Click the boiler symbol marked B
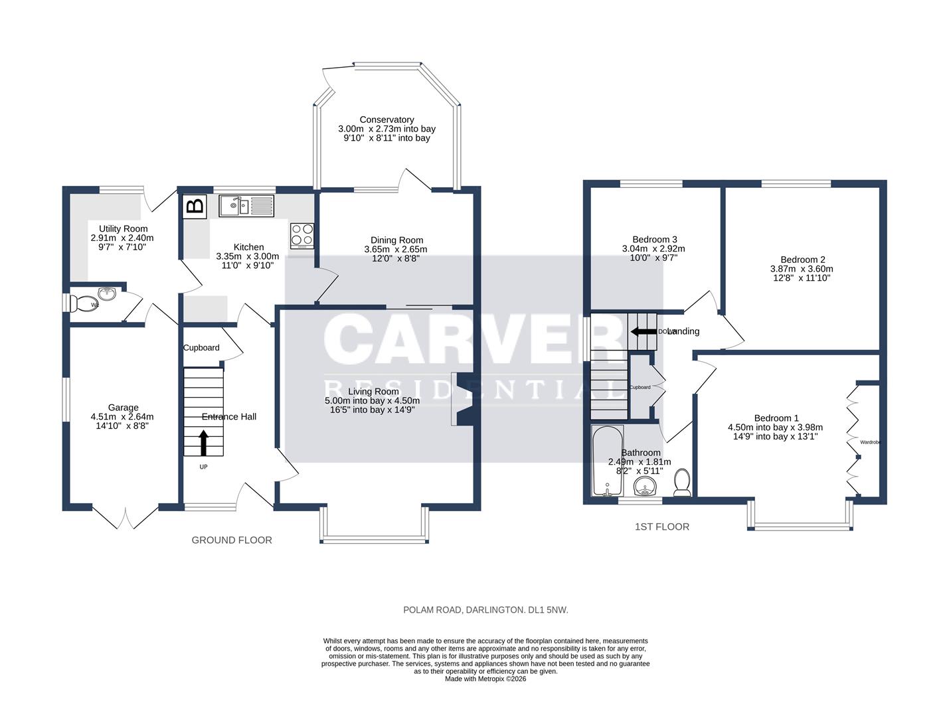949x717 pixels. tap(195, 206)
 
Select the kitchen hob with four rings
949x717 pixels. tap(303, 234)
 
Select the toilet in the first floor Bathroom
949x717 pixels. tap(682, 483)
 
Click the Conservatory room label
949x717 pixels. tap(387, 119)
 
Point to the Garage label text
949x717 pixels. tap(124, 408)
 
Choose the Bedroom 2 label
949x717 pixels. tap(802, 260)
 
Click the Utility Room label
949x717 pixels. tap(123, 228)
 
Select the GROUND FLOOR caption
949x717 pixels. tap(232, 540)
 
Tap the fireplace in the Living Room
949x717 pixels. tap(462, 399)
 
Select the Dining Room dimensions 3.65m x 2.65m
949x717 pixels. tap(396, 250)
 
